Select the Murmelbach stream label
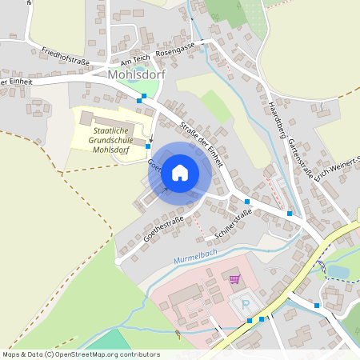tap(195, 255)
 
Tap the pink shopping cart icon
tap(234, 279)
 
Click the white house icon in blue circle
tap(180, 171)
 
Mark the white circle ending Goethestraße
tap(118, 261)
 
